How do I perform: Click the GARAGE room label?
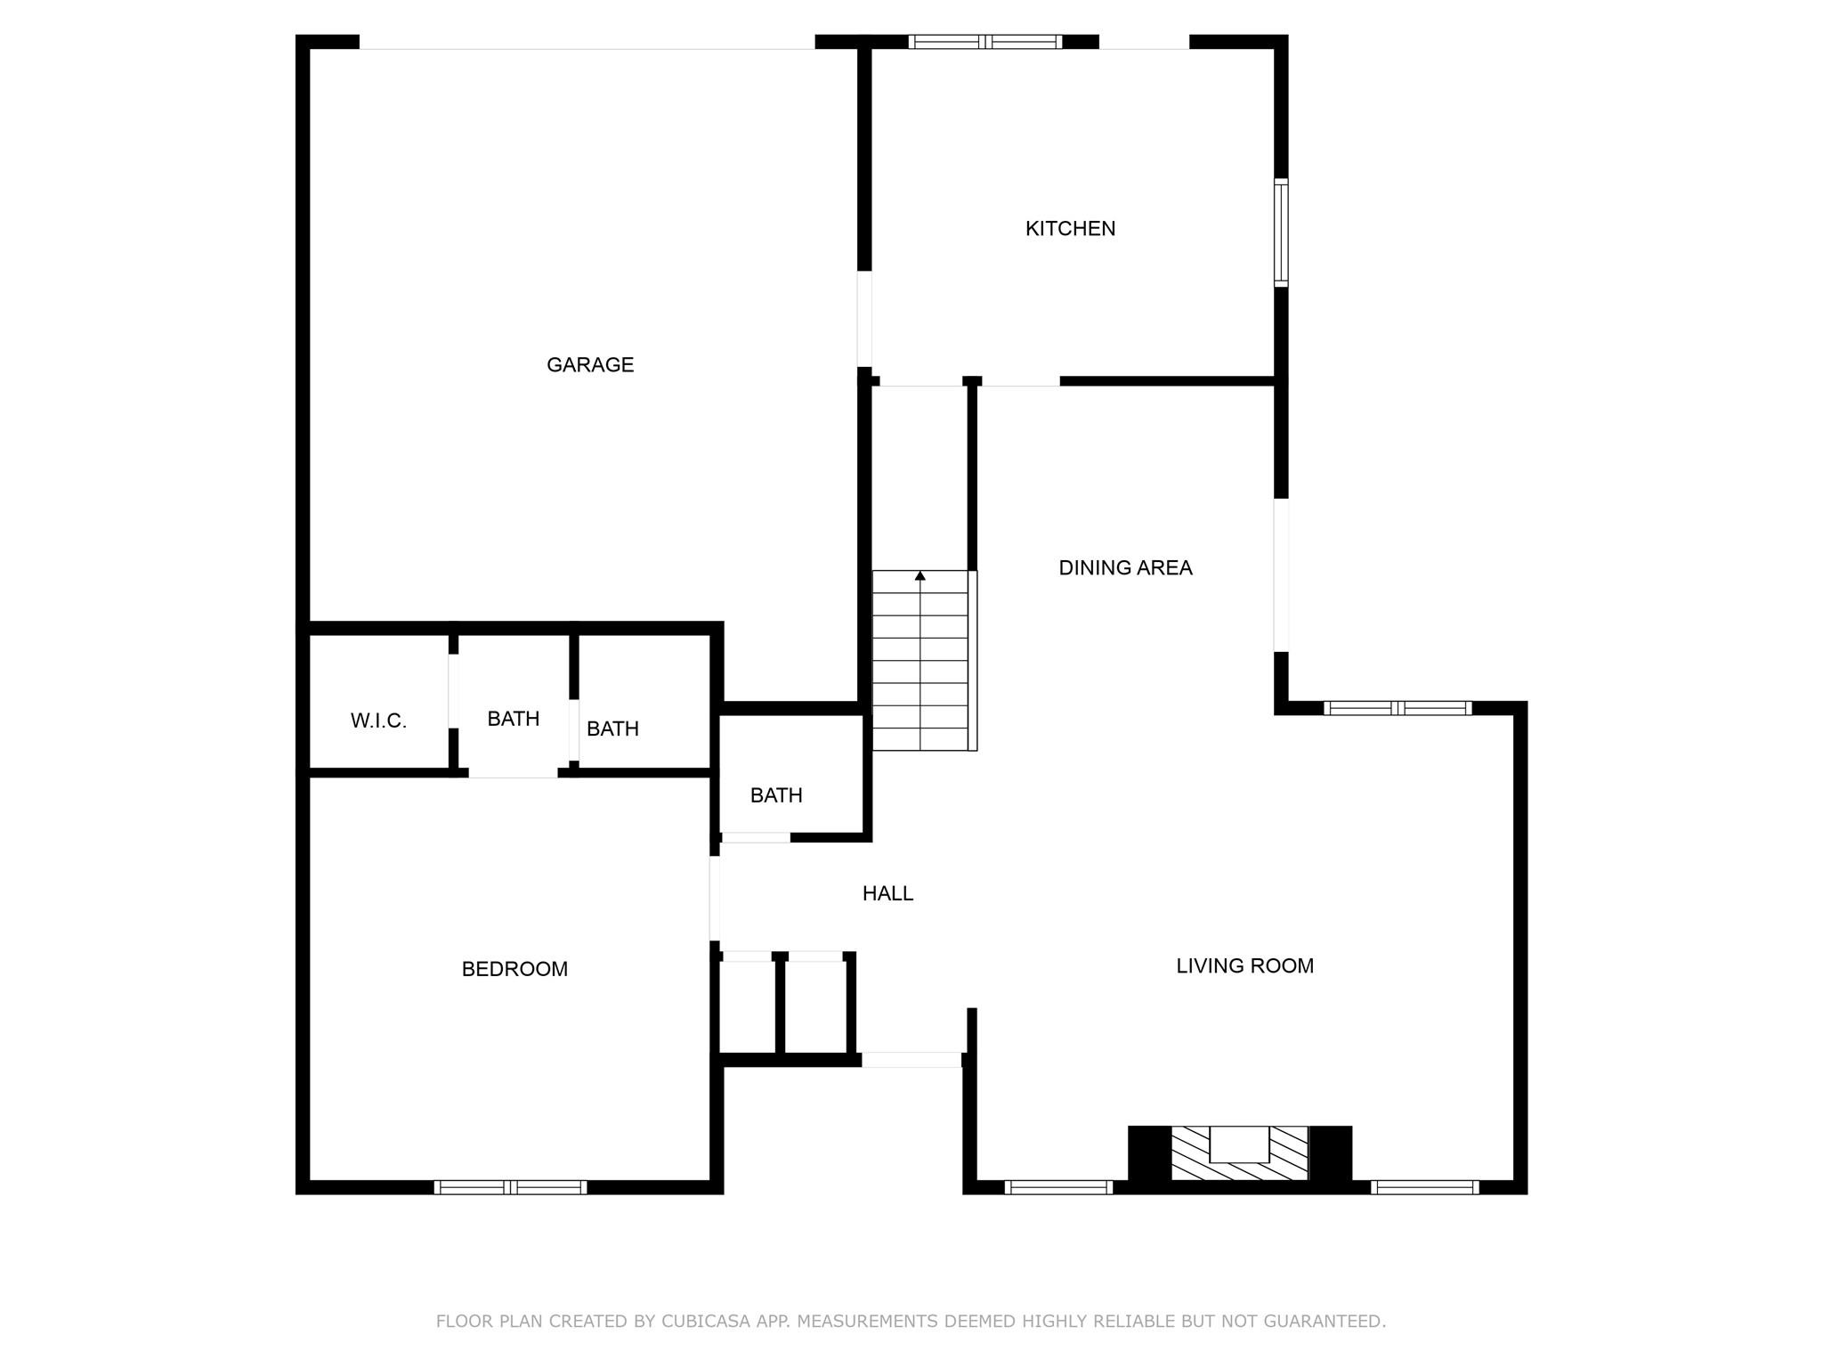click(589, 364)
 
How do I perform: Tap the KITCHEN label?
click(1070, 229)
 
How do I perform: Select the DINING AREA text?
click(1125, 568)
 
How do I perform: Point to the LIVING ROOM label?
click(1244, 966)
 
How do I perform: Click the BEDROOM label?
click(514, 969)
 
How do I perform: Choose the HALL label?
click(887, 893)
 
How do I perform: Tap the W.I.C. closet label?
click(378, 721)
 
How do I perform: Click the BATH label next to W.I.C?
click(513, 719)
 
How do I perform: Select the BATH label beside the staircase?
click(776, 795)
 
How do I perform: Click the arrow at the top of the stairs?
click(920, 576)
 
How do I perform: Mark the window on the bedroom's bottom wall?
click(510, 1186)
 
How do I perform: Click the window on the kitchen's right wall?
click(1281, 232)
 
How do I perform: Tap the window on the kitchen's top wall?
click(984, 42)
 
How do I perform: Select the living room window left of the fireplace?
click(1058, 1186)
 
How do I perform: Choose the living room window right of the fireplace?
click(1424, 1186)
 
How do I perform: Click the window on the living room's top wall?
click(1398, 708)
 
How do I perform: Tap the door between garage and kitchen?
click(863, 319)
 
